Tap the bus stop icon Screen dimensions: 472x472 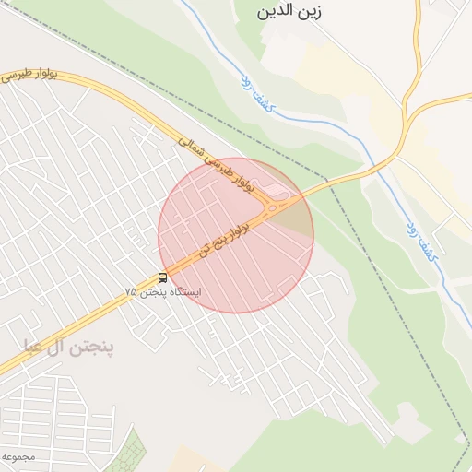pos(163,277)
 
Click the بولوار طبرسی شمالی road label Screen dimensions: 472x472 pos(215,164)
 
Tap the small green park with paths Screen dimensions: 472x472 pos(125,453)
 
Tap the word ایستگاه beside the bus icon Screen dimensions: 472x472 pos(182,292)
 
